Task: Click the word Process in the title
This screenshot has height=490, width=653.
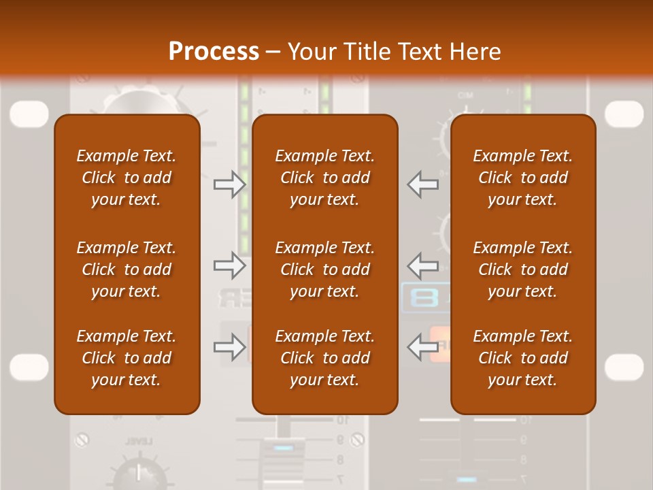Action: click(x=214, y=52)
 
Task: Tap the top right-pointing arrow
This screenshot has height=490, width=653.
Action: click(x=229, y=184)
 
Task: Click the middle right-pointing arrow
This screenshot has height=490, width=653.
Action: click(x=229, y=265)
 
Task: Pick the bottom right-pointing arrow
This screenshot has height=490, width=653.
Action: click(x=229, y=347)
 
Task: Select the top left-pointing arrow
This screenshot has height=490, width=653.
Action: click(x=423, y=184)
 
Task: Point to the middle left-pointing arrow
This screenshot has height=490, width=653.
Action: click(x=423, y=265)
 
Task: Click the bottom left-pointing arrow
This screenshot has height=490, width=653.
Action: click(x=423, y=347)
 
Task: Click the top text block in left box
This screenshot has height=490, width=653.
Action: click(x=127, y=178)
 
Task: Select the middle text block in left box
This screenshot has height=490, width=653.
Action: click(x=127, y=269)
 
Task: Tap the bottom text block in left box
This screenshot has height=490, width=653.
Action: click(x=127, y=358)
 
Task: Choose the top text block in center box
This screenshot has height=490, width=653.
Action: click(x=325, y=178)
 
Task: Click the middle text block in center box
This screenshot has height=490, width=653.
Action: click(x=325, y=269)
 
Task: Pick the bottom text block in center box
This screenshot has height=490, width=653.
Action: click(x=325, y=358)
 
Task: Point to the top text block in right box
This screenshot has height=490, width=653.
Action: click(x=523, y=178)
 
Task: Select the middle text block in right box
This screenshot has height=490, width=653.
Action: click(x=523, y=269)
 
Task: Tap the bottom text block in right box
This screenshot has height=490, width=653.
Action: click(x=523, y=358)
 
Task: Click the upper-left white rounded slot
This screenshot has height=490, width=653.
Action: click(x=29, y=114)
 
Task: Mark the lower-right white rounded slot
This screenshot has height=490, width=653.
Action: click(x=624, y=367)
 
